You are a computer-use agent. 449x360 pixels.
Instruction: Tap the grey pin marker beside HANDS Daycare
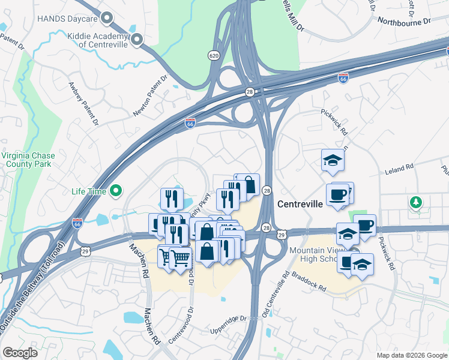107,19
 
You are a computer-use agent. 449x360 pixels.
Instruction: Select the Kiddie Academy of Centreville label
95,40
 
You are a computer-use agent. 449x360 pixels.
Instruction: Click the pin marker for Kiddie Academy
137,40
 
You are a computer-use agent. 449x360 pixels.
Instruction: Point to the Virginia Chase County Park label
29,160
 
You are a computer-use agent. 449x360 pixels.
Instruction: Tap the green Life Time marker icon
116,191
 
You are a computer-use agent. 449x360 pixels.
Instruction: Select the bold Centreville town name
300,204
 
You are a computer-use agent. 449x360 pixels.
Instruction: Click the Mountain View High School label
315,254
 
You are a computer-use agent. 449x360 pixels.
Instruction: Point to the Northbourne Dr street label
404,21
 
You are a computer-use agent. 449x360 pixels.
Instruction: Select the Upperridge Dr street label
229,321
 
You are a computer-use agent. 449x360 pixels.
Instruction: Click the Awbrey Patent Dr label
83,104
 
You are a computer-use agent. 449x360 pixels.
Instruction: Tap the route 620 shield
214,55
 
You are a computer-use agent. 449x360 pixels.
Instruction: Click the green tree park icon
415,202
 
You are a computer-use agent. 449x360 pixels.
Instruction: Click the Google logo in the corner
20,353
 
